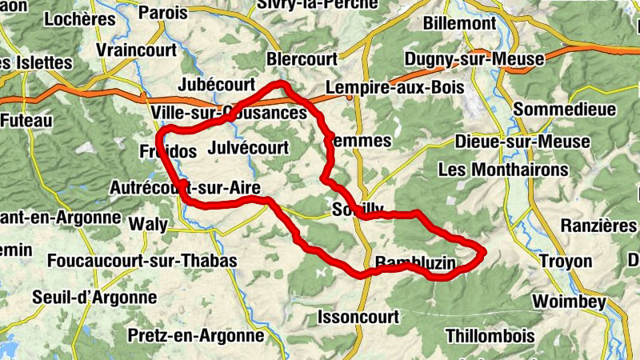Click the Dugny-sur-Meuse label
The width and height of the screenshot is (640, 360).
[474, 59]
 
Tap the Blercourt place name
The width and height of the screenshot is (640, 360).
[302, 59]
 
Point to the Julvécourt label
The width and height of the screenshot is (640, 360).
[247, 148]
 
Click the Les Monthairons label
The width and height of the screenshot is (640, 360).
[503, 170]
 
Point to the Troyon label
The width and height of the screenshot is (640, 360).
[566, 262]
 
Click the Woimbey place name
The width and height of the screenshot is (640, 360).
[569, 302]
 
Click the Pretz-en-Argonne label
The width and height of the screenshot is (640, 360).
[195, 335]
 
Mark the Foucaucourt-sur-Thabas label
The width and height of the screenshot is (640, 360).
[142, 261]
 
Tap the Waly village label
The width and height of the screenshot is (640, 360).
[148, 223]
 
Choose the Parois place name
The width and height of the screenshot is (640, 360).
[163, 13]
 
